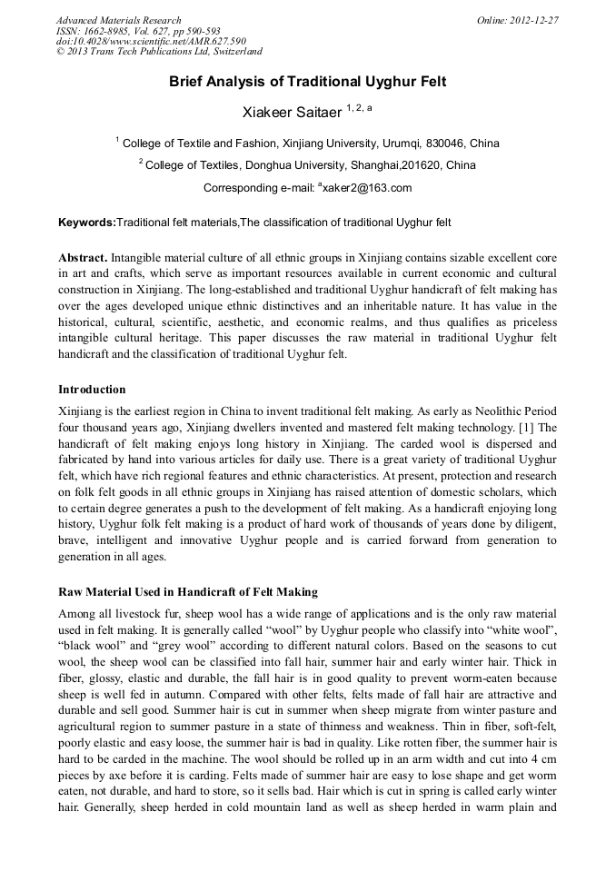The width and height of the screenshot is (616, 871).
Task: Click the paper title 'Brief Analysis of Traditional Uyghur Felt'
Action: point(307,82)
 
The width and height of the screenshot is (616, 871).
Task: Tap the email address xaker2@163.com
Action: point(367,188)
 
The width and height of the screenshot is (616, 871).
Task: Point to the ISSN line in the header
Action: point(137,31)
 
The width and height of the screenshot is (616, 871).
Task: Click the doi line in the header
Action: point(151,42)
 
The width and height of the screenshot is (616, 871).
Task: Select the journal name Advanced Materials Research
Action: point(118,20)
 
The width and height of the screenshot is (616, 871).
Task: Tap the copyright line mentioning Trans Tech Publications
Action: point(159,53)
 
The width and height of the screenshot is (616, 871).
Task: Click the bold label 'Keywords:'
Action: point(87,223)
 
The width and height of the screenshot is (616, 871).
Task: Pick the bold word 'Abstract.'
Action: point(84,258)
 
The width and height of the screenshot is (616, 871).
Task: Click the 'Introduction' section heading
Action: point(92,390)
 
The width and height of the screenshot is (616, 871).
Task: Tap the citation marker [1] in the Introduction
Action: point(527,427)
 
